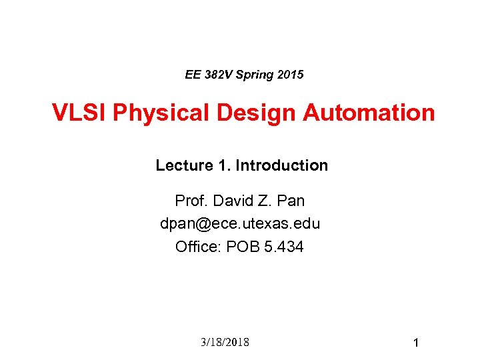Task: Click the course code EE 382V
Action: [x=208, y=75]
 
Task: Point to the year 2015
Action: [x=290, y=75]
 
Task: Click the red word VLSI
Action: [x=80, y=113]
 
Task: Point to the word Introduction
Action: [x=282, y=165]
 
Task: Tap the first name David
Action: [x=231, y=201]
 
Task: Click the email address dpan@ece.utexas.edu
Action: [x=240, y=224]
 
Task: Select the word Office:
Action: [x=199, y=247]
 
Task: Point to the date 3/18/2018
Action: [x=224, y=342]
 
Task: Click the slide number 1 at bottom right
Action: [x=415, y=343]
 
